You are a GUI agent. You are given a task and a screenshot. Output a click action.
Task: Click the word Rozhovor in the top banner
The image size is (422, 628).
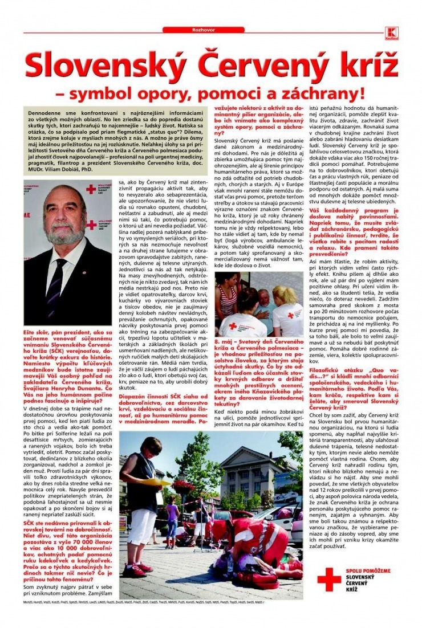[211, 30]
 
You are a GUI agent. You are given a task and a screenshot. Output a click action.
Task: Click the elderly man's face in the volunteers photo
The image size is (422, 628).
[262, 298]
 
